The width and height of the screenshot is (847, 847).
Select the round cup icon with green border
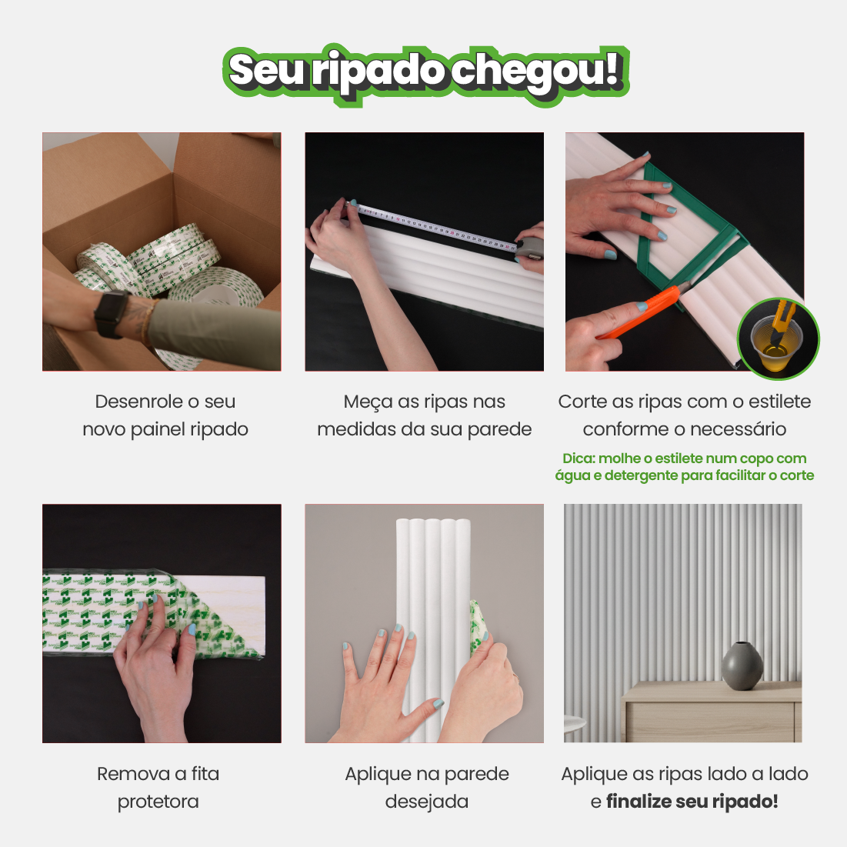click(779, 339)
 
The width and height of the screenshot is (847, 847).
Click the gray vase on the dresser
click(742, 666)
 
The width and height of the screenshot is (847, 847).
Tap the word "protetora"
click(158, 802)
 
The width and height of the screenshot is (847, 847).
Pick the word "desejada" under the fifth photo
click(426, 802)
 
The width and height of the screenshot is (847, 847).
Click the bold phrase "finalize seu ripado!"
click(692, 802)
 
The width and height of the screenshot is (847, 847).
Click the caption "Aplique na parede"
click(426, 774)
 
